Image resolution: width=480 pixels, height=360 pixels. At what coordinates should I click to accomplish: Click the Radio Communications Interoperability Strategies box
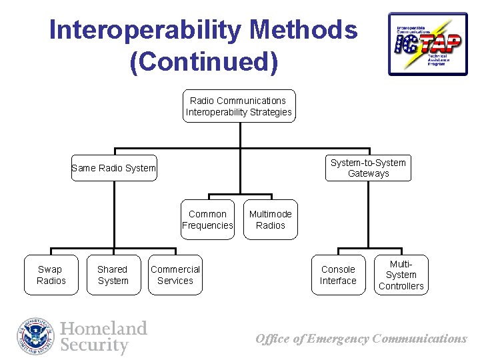tap(239, 106)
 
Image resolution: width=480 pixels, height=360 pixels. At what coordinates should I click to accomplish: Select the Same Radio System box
tap(114, 168)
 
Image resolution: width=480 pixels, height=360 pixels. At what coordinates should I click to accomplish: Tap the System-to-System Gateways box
tap(368, 168)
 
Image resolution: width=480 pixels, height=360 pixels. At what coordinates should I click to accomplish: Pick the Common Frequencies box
tap(207, 219)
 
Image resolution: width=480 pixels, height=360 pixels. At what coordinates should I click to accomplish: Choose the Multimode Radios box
tap(270, 219)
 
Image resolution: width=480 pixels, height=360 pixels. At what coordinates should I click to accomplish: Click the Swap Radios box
tap(51, 275)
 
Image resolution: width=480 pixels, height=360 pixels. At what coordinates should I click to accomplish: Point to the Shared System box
tap(113, 275)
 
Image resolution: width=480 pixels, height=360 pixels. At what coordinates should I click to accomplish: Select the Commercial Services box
tap(175, 275)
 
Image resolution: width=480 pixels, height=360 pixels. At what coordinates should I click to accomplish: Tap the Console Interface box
tap(338, 275)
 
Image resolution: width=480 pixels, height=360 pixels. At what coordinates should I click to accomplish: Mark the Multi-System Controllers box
tap(401, 275)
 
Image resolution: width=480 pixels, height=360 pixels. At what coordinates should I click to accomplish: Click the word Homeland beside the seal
tap(103, 329)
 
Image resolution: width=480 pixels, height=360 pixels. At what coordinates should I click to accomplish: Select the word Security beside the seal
tap(94, 345)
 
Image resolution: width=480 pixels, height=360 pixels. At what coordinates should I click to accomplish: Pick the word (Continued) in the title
tap(203, 61)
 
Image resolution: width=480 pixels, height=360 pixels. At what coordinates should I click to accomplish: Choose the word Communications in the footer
tap(420, 339)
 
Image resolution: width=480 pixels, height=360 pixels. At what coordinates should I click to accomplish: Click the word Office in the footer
tap(273, 339)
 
